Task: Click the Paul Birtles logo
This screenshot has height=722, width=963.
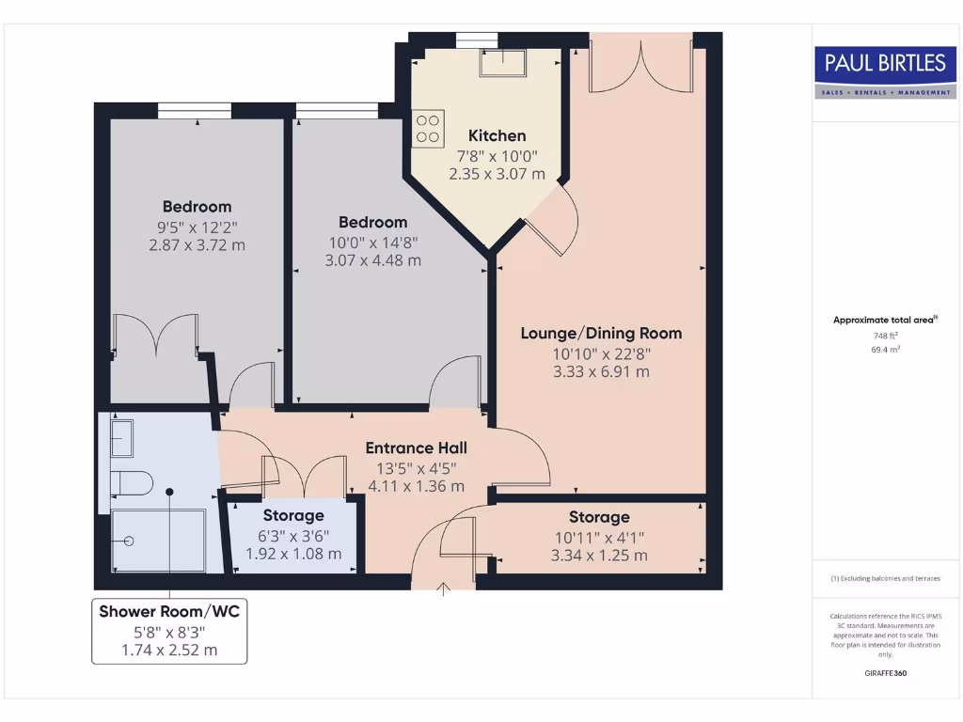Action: (884, 71)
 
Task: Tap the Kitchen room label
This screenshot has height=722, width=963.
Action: (497, 135)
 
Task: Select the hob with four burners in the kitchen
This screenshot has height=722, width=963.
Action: (429, 129)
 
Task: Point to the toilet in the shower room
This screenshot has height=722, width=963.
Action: (133, 483)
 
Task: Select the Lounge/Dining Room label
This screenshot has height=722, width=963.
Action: (601, 333)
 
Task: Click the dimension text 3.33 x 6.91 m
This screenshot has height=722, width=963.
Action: (601, 371)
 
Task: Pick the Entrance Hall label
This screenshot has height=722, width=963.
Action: (416, 447)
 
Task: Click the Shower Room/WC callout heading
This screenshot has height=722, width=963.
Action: (169, 612)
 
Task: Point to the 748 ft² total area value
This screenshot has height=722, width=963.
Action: (885, 336)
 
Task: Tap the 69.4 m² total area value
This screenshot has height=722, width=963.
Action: (885, 349)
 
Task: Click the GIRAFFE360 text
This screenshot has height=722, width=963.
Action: (885, 673)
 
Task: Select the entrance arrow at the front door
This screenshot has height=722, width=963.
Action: (444, 589)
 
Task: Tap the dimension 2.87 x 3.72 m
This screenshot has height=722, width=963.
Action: (197, 244)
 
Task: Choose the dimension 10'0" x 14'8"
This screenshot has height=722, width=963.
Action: (372, 242)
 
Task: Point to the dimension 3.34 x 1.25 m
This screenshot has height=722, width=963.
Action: (599, 555)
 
